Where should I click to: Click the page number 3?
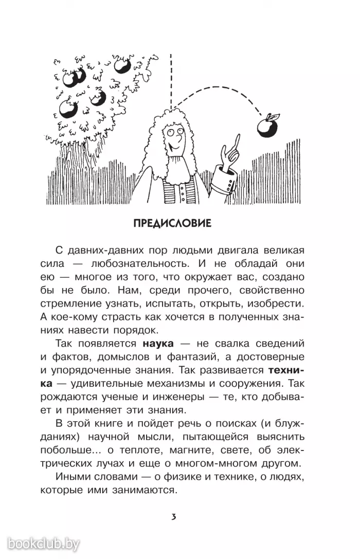point(174,516)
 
